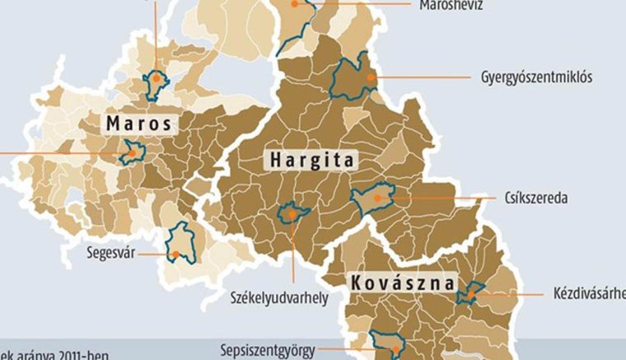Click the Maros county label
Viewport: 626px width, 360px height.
[140, 124]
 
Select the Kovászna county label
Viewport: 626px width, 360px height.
[402, 283]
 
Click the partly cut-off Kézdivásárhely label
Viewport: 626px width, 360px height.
[590, 293]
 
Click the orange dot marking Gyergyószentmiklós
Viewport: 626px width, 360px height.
[371, 77]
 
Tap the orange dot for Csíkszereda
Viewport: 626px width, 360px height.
[377, 198]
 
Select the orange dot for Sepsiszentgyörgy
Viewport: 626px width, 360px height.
[394, 350]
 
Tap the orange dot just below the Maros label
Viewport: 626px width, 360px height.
[131, 152]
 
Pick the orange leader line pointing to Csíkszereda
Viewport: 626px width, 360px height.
[437, 198]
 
